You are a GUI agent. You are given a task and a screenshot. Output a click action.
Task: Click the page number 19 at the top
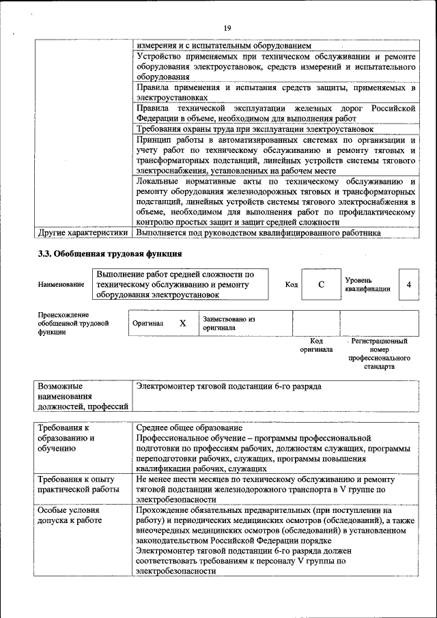227,27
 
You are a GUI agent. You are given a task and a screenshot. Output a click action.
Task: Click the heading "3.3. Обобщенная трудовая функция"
109,254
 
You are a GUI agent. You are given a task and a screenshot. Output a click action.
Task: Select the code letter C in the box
320,285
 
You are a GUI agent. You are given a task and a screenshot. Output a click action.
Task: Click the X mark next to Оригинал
182,324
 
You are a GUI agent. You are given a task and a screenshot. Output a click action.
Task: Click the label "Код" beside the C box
291,285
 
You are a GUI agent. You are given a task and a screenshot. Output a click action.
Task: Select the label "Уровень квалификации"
367,285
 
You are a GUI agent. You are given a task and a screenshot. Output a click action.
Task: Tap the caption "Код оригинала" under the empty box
316,345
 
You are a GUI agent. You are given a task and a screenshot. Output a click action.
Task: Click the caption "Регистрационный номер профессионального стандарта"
379,353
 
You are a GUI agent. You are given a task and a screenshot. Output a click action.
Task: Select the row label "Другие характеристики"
83,232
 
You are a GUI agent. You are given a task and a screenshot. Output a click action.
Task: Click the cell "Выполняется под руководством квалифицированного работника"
258,232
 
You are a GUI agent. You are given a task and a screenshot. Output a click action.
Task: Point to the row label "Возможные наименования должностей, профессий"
83,397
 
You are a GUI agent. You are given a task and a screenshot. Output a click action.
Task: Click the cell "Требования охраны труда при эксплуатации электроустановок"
255,128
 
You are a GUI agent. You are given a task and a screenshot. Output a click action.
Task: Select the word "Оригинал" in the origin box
148,324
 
